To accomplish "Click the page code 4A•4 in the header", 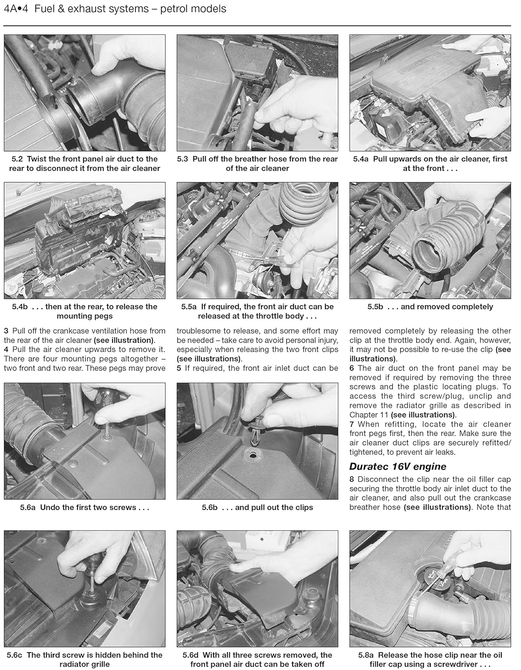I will pyautogui.click(x=16, y=8).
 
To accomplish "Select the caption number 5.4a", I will pyautogui.click(x=361, y=159).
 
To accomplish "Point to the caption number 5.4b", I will pyautogui.click(x=21, y=307).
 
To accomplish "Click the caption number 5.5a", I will pyautogui.click(x=189, y=307).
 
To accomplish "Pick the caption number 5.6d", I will pyautogui.click(x=191, y=655).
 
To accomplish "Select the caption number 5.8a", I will pyautogui.click(x=367, y=655).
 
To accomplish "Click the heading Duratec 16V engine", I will pyautogui.click(x=398, y=467).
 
